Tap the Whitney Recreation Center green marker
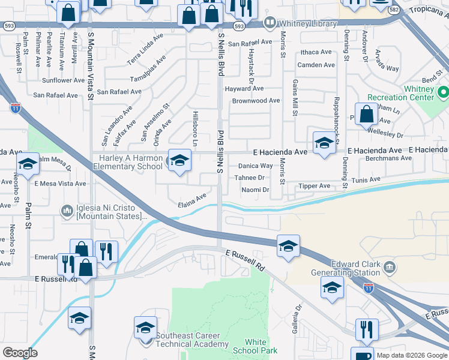coord(444,93)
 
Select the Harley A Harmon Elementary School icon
coord(179,160)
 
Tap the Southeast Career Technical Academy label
coord(191,340)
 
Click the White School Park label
coord(256,346)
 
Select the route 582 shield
coord(394,10)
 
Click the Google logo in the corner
coord(20,353)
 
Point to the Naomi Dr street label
coord(255,190)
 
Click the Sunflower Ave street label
coord(63,80)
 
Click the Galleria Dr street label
coord(297,317)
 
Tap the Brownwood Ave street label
coord(256,101)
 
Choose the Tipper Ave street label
coord(315,186)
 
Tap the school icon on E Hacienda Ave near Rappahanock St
coord(324,143)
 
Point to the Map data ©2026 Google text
coord(412,355)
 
